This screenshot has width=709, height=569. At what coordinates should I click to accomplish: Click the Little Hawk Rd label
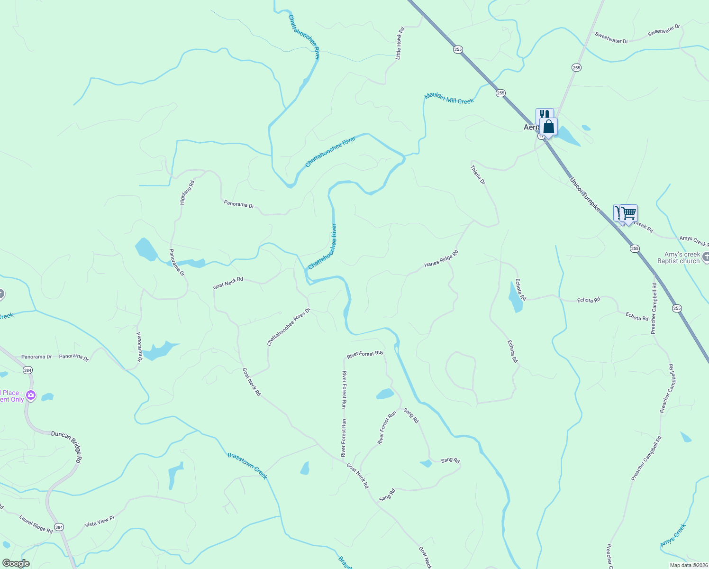coord(400,43)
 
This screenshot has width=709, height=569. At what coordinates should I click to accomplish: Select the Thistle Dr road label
coord(478,175)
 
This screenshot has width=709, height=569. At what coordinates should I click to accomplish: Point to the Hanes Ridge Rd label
coord(441,258)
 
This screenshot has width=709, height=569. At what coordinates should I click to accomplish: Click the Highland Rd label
coord(187,193)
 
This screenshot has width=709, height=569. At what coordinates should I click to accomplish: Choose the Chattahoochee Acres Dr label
coord(288,327)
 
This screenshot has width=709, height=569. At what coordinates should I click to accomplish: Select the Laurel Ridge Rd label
coord(36,524)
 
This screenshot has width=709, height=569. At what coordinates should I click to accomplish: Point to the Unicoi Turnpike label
coord(585,194)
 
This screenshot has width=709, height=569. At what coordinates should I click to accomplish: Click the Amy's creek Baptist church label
coord(679,258)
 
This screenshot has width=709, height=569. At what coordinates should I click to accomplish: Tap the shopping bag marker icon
coord(549,127)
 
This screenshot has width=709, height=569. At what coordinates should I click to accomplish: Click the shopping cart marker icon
coord(629,214)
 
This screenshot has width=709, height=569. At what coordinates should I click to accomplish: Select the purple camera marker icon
coord(31,395)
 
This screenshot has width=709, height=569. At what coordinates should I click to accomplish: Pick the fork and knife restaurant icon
coord(544,115)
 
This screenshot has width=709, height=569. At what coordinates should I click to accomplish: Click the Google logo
coord(16,563)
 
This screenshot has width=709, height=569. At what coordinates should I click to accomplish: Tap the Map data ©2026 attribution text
coord(688,565)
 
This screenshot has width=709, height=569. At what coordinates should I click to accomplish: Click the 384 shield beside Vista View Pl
coord(59,527)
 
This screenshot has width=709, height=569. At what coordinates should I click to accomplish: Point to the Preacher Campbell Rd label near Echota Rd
coord(654,308)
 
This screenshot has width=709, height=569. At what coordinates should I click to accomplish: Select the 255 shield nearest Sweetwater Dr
coord(576,68)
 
